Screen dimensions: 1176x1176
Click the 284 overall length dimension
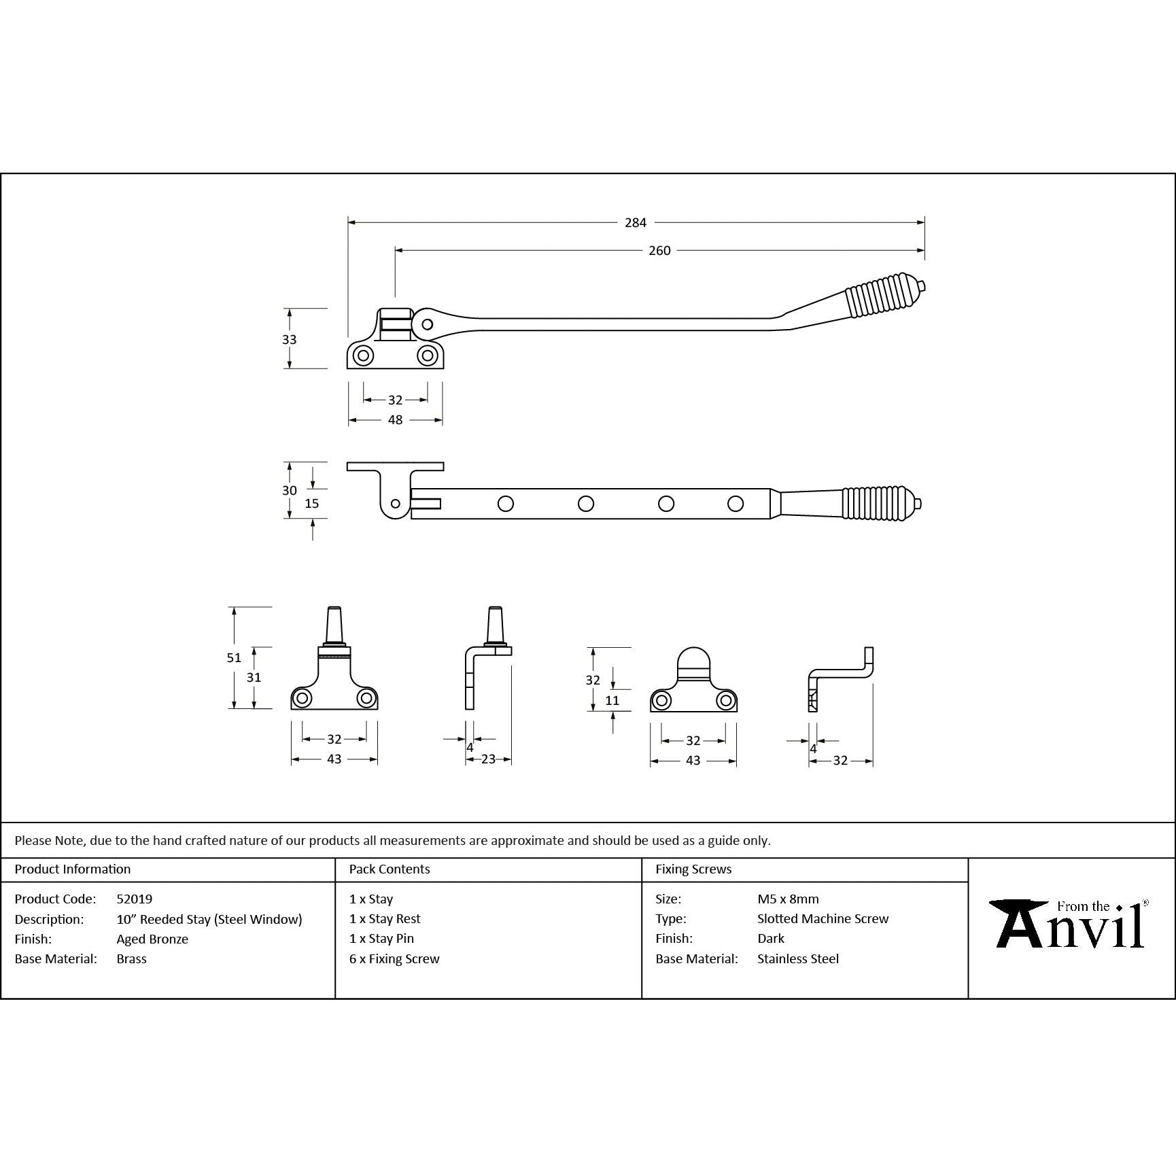point(636,222)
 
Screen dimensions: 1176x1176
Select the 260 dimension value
point(659,251)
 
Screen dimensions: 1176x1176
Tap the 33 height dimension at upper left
point(290,339)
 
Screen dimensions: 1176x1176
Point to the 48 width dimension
point(395,420)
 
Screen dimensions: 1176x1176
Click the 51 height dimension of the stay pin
point(234,657)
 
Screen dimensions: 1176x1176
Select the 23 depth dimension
point(488,759)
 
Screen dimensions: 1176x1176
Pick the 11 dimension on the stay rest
point(612,701)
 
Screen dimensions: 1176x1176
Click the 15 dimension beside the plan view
point(311,504)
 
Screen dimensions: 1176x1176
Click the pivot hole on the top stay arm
point(427,324)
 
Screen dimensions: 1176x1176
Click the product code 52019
point(134,899)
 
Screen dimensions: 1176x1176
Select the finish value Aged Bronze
point(152,939)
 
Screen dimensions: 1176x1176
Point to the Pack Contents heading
point(390,869)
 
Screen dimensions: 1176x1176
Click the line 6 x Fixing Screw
point(394,958)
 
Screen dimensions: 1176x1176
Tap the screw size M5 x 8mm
point(788,899)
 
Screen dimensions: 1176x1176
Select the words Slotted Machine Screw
point(823,918)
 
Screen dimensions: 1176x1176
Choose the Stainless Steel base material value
point(797,958)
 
